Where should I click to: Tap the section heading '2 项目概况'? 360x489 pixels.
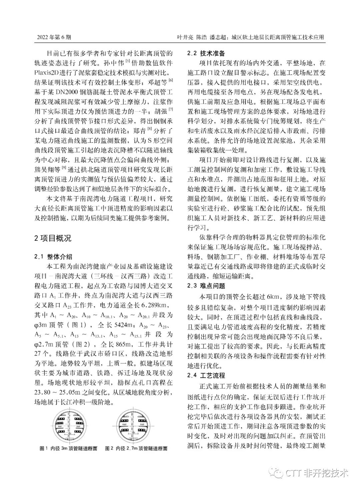(53, 238)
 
